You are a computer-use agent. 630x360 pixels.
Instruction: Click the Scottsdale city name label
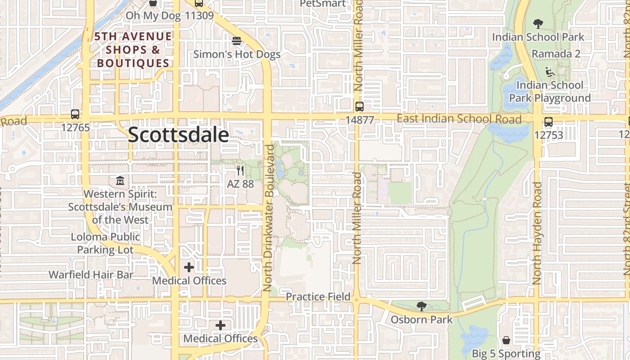178,135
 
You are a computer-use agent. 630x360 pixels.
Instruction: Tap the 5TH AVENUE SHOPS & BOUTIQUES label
133,49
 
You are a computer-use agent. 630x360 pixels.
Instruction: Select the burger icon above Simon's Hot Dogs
237,41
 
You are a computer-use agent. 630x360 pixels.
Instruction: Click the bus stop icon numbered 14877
360,107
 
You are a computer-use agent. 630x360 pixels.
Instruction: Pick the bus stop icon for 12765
75,114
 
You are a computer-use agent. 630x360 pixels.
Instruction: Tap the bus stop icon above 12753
548,121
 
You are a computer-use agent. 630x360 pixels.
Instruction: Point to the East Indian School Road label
459,119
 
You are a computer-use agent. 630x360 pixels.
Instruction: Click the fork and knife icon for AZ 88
240,171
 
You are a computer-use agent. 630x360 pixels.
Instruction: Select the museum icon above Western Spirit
120,181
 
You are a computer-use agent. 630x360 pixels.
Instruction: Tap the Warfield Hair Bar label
91,274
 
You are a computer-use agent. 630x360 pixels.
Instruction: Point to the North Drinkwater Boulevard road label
269,218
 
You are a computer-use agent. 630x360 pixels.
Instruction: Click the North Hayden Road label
536,233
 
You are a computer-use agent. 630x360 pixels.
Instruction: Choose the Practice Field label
318,297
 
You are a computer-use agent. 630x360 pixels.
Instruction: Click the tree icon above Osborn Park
421,306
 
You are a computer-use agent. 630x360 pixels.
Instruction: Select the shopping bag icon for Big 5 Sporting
506,340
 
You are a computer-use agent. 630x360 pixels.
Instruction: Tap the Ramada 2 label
556,54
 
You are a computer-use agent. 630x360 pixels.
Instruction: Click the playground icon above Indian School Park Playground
549,72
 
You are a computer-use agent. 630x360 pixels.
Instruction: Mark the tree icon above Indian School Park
538,24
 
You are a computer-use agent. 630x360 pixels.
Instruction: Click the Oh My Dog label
153,16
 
